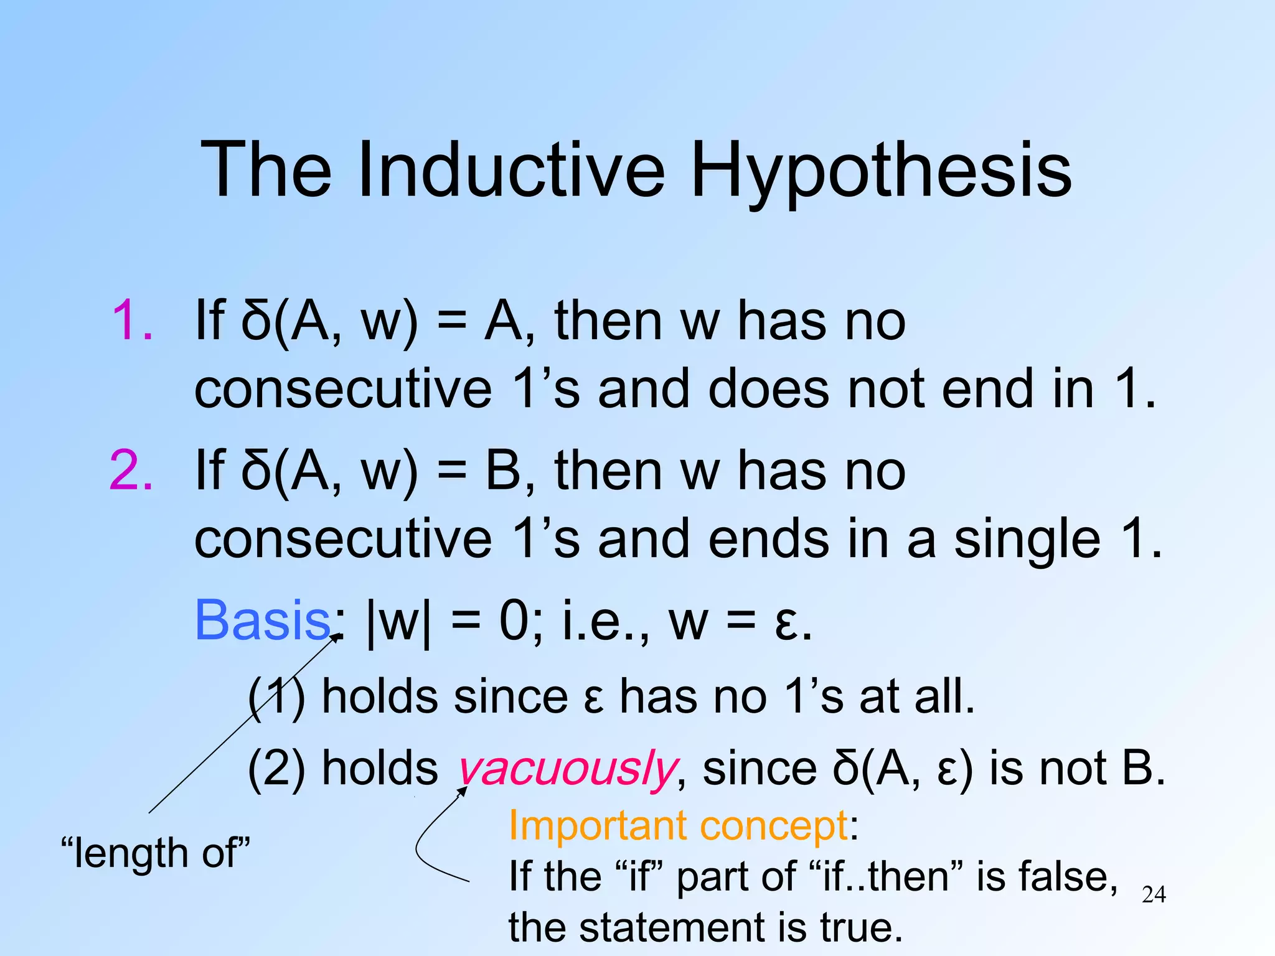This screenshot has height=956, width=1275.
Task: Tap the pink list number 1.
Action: pyautogui.click(x=132, y=322)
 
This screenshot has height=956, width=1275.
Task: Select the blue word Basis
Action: pyautogui.click(x=262, y=621)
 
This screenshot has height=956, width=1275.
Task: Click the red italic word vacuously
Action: pyautogui.click(x=567, y=769)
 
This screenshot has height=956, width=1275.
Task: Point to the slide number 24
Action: pyautogui.click(x=1154, y=894)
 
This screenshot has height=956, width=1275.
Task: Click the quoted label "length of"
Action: pyautogui.click(x=156, y=853)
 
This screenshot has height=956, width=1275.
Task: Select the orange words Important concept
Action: pyautogui.click(x=678, y=826)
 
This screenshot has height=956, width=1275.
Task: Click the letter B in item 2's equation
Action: pyautogui.click(x=503, y=471)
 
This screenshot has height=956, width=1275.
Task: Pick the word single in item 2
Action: pyautogui.click(x=1027, y=539)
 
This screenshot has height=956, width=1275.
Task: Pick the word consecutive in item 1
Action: pyautogui.click(x=343, y=390)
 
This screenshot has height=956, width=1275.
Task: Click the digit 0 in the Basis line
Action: pyautogui.click(x=514, y=621)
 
